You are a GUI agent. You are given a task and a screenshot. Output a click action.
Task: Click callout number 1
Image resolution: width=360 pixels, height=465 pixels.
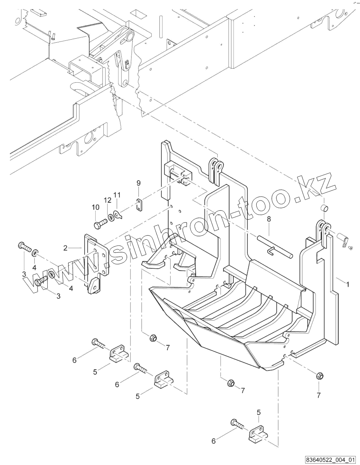[x=347, y=284]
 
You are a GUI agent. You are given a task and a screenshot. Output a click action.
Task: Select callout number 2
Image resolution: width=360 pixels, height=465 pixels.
[x=66, y=248]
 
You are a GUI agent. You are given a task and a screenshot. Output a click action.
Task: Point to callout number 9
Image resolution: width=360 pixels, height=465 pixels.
[x=138, y=183]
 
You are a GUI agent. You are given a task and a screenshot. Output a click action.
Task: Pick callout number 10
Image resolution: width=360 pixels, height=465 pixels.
[x=95, y=207]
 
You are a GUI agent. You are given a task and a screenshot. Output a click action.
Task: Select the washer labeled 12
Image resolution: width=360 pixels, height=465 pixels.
[x=111, y=218]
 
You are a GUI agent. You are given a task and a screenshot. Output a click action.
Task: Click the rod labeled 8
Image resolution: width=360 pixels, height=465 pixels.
[x=275, y=247]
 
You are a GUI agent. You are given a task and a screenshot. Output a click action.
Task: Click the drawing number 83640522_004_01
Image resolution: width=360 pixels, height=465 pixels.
[x=330, y=459]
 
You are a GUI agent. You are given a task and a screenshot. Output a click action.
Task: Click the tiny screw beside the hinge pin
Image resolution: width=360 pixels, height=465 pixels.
[x=350, y=248]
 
